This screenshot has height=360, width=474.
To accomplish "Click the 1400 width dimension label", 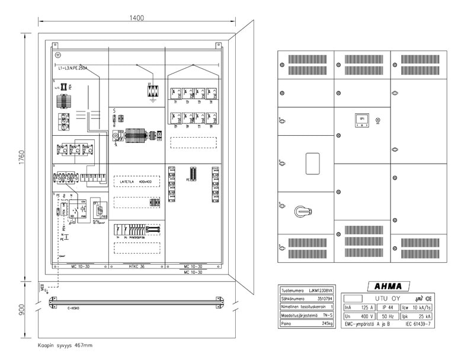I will [137, 18].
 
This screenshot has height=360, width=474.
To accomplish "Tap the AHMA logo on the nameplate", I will [389, 286].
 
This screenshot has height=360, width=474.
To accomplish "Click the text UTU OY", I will [388, 298].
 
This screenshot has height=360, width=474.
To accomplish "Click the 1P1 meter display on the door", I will [361, 120].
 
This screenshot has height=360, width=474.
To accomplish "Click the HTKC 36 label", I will [136, 266].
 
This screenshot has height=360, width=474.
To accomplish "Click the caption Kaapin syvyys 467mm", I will [65, 345].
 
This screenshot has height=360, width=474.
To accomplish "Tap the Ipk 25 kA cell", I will [418, 317].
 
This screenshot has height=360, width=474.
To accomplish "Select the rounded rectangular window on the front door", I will [312, 164].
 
